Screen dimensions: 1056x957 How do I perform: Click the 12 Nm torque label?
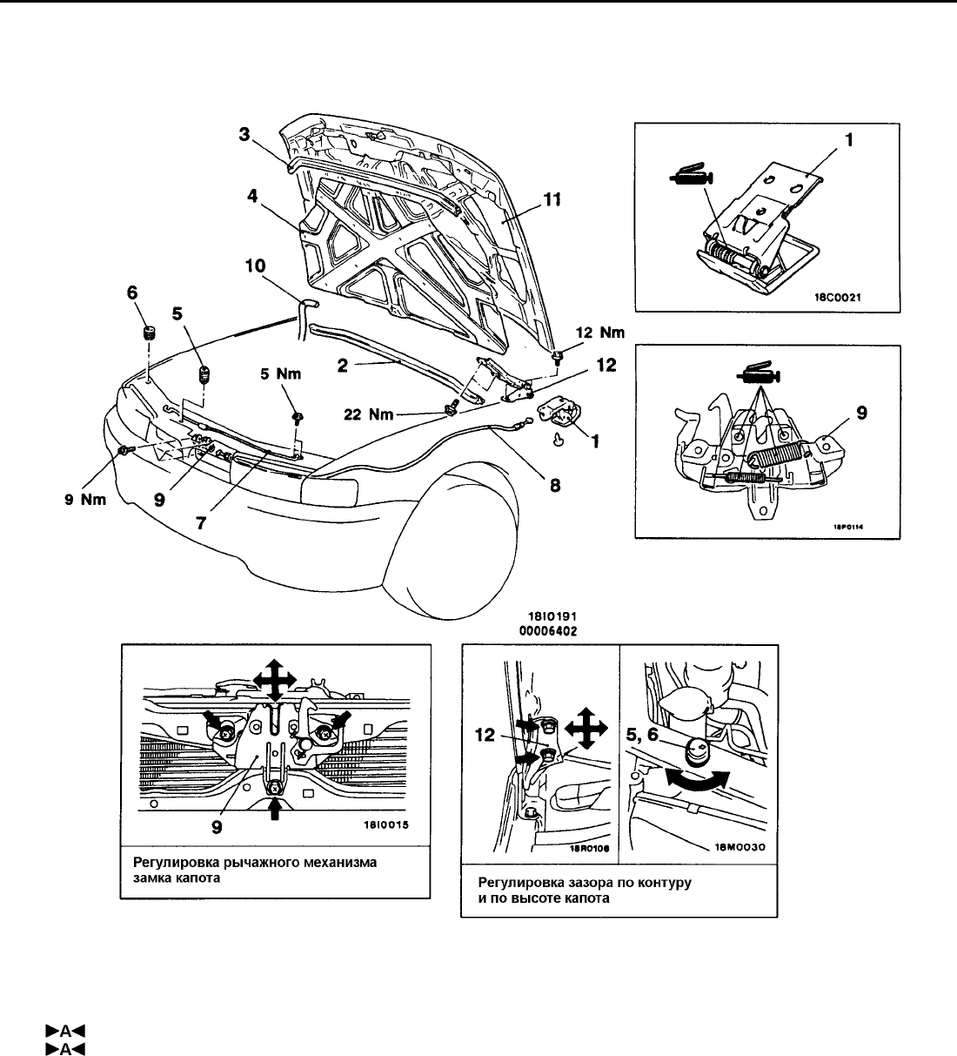click(600, 333)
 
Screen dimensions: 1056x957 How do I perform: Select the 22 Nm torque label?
click(369, 414)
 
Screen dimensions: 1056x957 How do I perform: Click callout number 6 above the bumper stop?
click(132, 295)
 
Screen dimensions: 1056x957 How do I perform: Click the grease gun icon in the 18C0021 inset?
click(689, 178)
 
